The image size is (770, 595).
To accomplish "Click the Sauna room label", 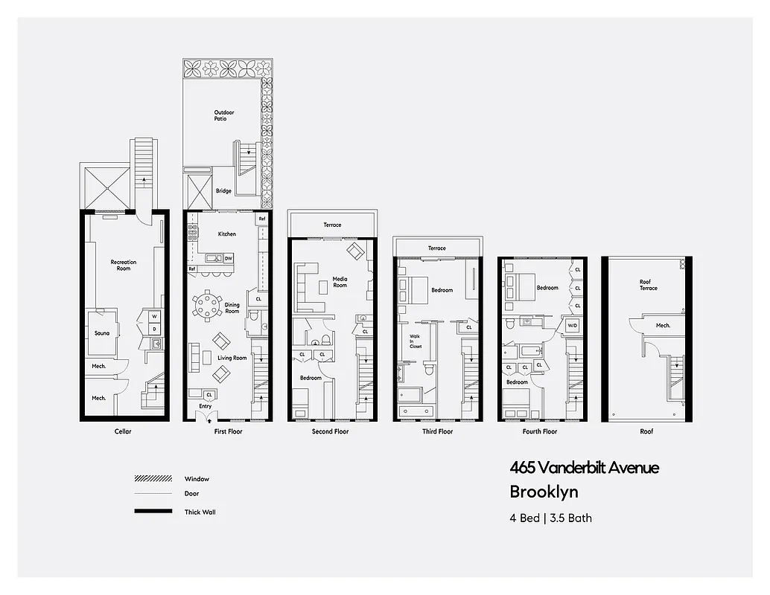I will pyautogui.click(x=102, y=333).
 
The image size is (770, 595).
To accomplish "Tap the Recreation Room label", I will pyautogui.click(x=124, y=265).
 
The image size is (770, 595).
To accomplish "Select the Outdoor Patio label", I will pyautogui.click(x=221, y=115).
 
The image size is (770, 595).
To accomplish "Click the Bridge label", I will pyautogui.click(x=223, y=191).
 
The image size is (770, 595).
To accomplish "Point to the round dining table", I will pyautogui.click(x=207, y=305).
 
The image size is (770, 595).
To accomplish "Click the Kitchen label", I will pyautogui.click(x=226, y=234).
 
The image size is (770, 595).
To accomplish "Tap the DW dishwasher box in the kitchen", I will pyautogui.click(x=229, y=258).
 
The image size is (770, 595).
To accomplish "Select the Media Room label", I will pyautogui.click(x=340, y=282).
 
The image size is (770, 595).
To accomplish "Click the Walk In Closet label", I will pyautogui.click(x=415, y=341).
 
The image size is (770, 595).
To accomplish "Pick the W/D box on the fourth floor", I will pyautogui.click(x=573, y=326).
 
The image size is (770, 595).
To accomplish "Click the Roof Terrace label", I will pyautogui.click(x=649, y=285).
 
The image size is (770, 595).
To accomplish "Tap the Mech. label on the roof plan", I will pyautogui.click(x=663, y=325).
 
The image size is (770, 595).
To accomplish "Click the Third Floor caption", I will pyautogui.click(x=437, y=431).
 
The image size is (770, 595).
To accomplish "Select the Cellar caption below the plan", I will pyautogui.click(x=123, y=431).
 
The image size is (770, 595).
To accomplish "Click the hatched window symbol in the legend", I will pyautogui.click(x=152, y=479).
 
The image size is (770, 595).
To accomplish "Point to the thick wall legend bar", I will pyautogui.click(x=152, y=512).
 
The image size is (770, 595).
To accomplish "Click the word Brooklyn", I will pyautogui.click(x=544, y=492).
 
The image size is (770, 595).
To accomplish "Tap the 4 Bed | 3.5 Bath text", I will pyautogui.click(x=550, y=518).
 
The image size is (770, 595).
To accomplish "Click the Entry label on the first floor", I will pyautogui.click(x=205, y=406).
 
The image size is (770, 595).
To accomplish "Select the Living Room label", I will pyautogui.click(x=232, y=358).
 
